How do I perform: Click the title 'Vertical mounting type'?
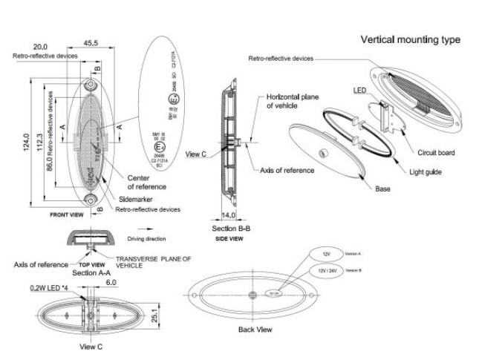tap(410, 39)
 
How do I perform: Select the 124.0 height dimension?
tap(26, 141)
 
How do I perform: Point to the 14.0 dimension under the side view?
tap(228, 216)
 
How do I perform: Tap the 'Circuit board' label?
tap(436, 153)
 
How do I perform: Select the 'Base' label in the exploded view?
tap(382, 189)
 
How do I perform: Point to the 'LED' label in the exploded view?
tap(360, 90)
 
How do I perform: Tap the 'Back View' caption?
tap(255, 329)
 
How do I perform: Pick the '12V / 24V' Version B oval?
tap(328, 271)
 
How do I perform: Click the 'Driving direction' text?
tap(146, 239)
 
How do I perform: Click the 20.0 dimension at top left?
tap(40, 47)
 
